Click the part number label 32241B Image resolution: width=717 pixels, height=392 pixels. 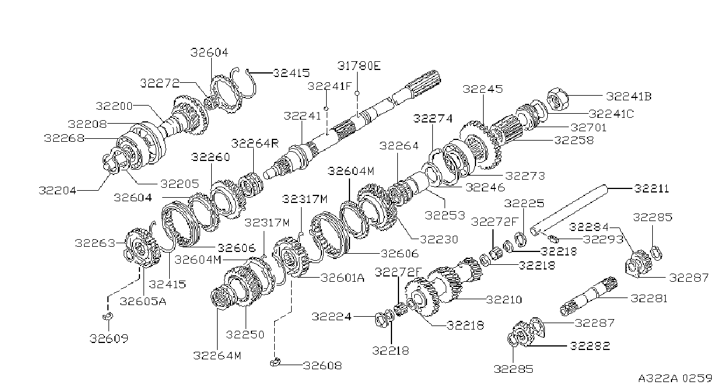(x=629, y=96)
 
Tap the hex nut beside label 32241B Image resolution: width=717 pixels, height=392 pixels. (x=557, y=99)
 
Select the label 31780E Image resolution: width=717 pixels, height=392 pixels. (x=359, y=66)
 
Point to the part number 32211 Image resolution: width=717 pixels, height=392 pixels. (x=652, y=188)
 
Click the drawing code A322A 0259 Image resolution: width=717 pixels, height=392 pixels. (x=675, y=379)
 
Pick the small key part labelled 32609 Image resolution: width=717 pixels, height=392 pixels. (x=108, y=317)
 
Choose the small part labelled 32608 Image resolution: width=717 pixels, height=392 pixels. (x=275, y=363)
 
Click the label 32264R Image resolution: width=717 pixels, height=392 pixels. (x=255, y=143)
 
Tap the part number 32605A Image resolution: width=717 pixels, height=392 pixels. (x=143, y=301)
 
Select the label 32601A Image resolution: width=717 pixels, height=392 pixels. (x=342, y=278)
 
